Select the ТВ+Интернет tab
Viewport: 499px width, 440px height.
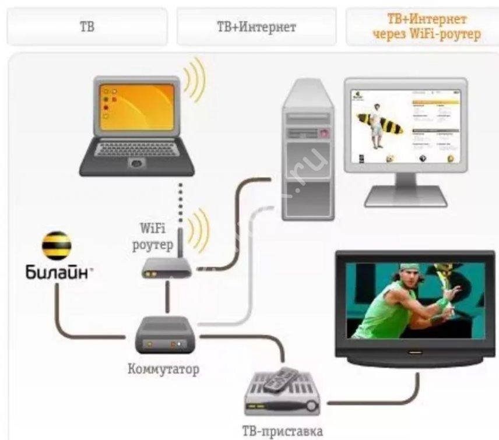pyautogui.click(x=256, y=27)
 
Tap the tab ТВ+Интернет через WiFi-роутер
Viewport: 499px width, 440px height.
pyautogui.click(x=426, y=27)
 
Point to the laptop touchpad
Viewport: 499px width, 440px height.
pyautogui.click(x=136, y=163)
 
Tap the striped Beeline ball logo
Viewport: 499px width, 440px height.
pyautogui.click(x=57, y=247)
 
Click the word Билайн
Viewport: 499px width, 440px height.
pyautogui.click(x=57, y=272)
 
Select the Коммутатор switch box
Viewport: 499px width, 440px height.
pyautogui.click(x=164, y=335)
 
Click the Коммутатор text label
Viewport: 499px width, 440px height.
pyautogui.click(x=163, y=368)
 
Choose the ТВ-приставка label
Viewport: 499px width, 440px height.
pyautogui.click(x=282, y=432)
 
